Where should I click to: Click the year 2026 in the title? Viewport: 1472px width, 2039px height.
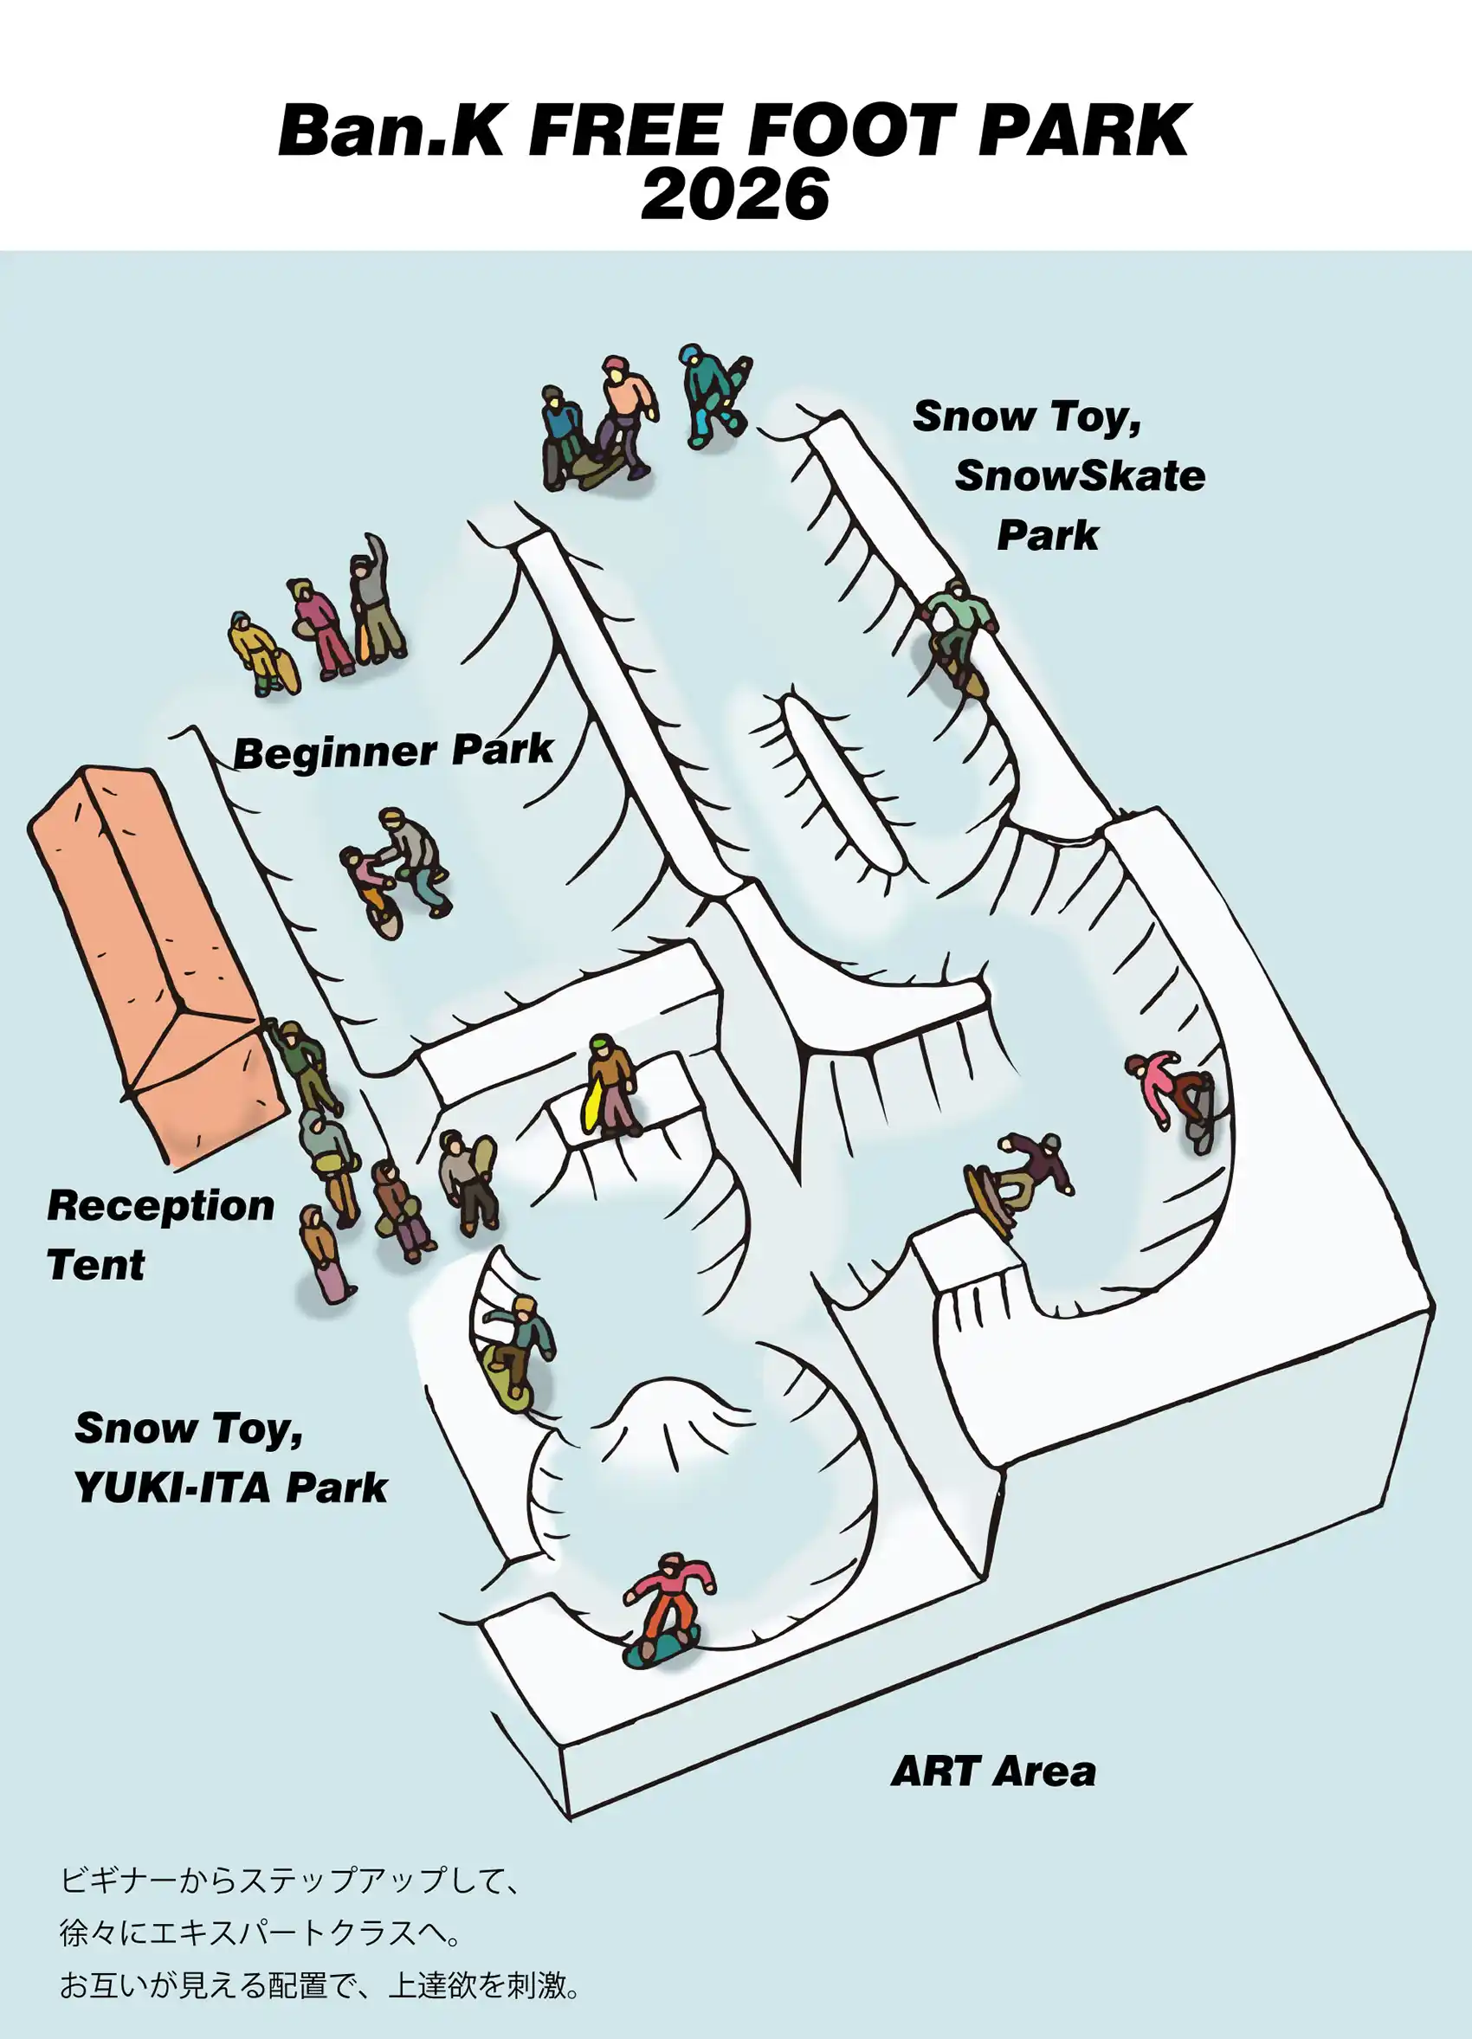[x=734, y=195]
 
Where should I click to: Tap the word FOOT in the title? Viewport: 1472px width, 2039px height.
[x=849, y=131]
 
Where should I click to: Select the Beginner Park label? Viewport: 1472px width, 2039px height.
[x=393, y=751]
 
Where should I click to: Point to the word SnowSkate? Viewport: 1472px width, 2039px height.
[x=1080, y=475]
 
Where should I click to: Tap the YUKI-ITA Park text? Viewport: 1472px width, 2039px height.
[x=230, y=1487]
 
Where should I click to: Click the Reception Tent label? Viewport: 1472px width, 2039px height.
[x=160, y=1235]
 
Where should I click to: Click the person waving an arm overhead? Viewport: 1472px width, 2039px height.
[x=376, y=600]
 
